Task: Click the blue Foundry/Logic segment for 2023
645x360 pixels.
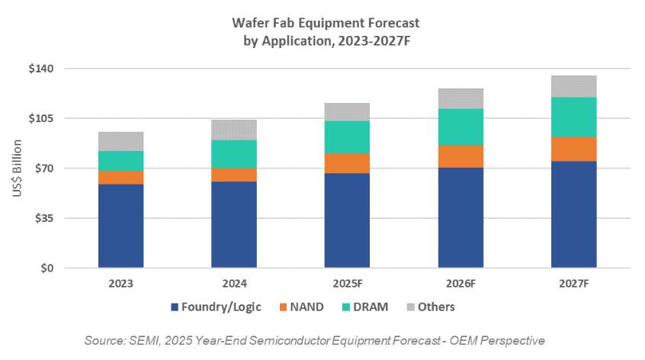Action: click(x=120, y=226)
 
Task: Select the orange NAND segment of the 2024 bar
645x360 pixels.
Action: click(x=234, y=175)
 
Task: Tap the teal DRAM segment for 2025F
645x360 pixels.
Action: click(x=347, y=137)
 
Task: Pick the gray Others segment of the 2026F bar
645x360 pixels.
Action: click(x=460, y=98)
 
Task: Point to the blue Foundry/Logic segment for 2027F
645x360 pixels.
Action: click(x=573, y=214)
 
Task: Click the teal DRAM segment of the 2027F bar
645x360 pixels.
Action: click(x=573, y=117)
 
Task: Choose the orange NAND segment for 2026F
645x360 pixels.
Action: click(x=460, y=156)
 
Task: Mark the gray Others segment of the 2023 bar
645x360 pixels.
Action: click(x=120, y=141)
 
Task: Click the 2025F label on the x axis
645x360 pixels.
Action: click(x=347, y=283)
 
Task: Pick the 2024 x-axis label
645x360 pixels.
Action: click(x=234, y=283)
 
